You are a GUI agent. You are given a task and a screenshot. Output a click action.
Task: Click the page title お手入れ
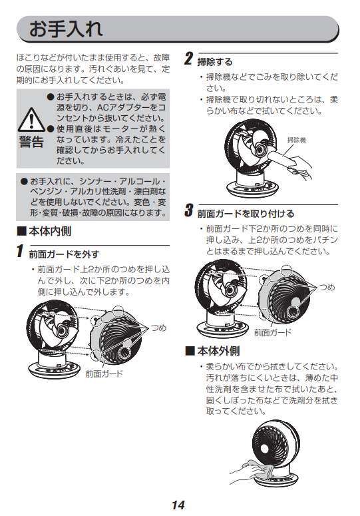point(66,29)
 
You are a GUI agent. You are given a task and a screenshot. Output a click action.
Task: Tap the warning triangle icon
point(31,120)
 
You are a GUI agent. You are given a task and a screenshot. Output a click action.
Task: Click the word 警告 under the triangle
point(31,142)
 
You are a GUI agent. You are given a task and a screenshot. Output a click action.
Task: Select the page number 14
point(178,505)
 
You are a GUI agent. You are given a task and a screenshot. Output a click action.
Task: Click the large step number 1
point(20,251)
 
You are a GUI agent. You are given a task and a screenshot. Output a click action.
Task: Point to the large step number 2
point(188,59)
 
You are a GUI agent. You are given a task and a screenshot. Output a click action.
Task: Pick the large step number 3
point(188,210)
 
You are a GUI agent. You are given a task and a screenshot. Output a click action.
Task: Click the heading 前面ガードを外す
point(64,254)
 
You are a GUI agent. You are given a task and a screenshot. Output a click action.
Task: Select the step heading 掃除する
point(215,61)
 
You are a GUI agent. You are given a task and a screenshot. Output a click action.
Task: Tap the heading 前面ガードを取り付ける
point(246,214)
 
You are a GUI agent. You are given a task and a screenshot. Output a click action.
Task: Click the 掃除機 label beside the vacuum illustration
point(297,140)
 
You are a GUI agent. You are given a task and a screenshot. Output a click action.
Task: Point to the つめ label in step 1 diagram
point(158,328)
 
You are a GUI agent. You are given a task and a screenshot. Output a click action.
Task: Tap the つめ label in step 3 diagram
point(327,287)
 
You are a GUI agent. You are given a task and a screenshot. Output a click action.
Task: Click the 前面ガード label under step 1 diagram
point(104,374)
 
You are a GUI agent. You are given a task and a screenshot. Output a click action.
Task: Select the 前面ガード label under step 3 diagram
point(273,332)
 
